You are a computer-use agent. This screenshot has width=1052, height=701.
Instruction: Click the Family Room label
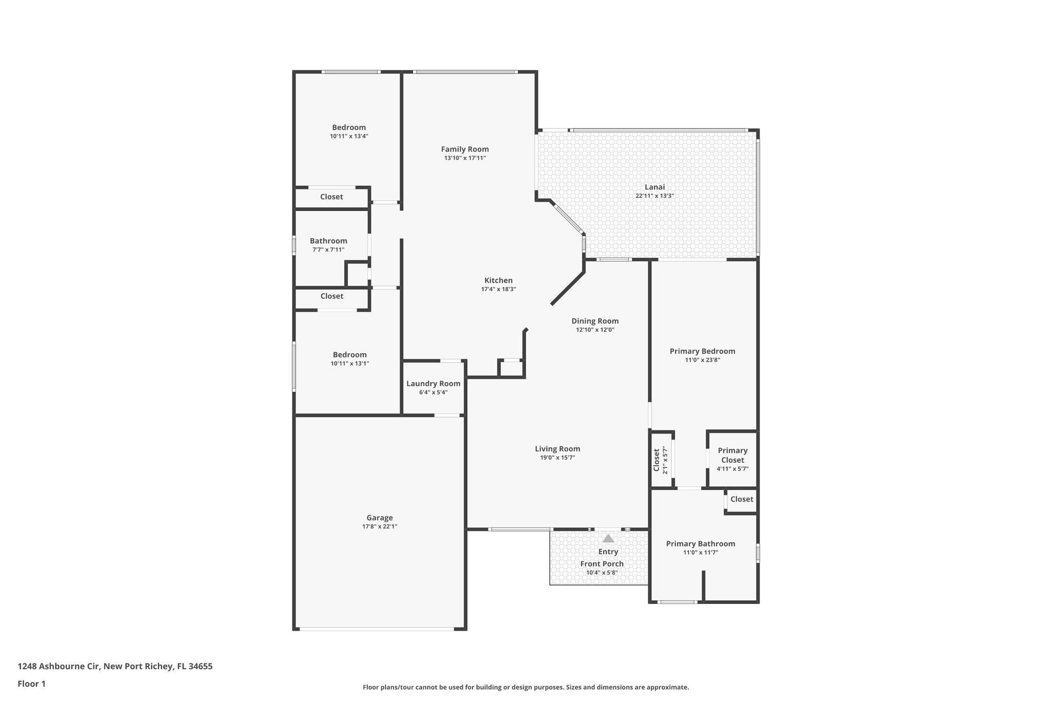coord(465,149)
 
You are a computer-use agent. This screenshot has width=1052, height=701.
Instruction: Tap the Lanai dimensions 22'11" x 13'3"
coord(654,196)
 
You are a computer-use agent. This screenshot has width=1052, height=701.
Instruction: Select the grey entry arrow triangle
coord(608,538)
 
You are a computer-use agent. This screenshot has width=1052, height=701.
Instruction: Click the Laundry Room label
coord(433,384)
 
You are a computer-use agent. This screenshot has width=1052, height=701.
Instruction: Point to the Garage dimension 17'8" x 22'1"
coord(380,526)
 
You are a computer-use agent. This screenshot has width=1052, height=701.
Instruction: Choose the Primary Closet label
coord(732,455)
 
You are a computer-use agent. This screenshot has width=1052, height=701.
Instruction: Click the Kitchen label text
coord(498,280)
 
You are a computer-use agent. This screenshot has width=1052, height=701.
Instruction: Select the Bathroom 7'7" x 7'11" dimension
coord(328,250)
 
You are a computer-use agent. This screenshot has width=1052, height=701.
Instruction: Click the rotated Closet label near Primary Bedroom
coord(656,460)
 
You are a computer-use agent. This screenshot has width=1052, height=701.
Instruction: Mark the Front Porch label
coord(602,564)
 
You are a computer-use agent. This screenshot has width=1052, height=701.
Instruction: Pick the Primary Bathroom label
coord(700,544)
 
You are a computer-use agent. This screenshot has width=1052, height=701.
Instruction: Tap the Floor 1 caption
coord(32,684)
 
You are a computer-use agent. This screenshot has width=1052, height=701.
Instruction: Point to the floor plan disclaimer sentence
coord(525,687)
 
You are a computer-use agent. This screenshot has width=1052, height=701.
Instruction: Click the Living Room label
coord(557,449)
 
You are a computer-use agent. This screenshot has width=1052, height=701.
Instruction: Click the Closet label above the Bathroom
coord(331,197)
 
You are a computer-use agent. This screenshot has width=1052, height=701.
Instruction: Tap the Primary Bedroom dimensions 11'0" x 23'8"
coord(702,360)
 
